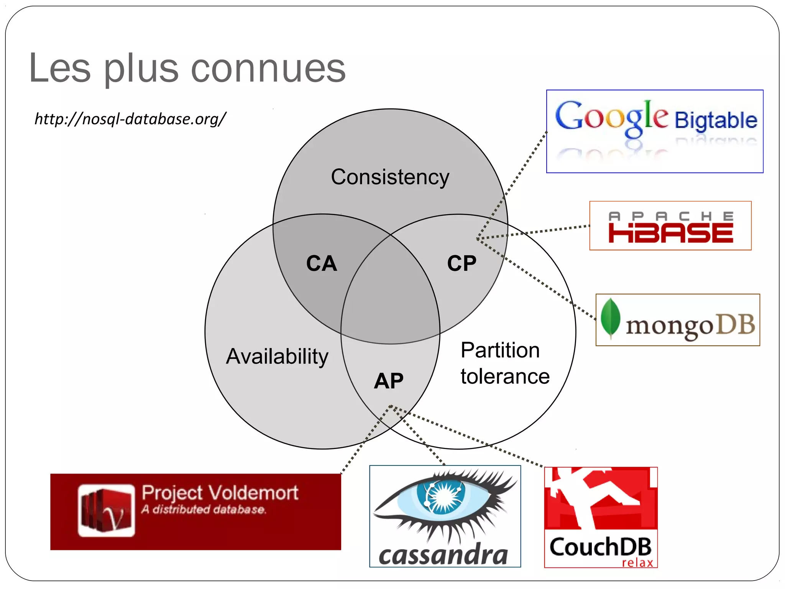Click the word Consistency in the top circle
click(x=390, y=177)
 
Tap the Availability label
click(x=277, y=357)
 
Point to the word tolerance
click(x=505, y=376)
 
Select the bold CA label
click(x=322, y=264)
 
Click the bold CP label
click(x=461, y=264)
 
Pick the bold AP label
click(x=389, y=381)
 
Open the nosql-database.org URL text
click(x=130, y=119)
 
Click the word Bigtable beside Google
click(x=716, y=120)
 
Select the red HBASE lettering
click(x=671, y=234)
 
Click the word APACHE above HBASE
click(x=671, y=216)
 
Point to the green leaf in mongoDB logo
click(x=610, y=318)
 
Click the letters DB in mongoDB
click(x=736, y=324)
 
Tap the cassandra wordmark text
click(x=443, y=555)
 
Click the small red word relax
click(x=637, y=563)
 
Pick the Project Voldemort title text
click(x=220, y=493)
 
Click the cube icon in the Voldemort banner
click(x=106, y=510)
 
